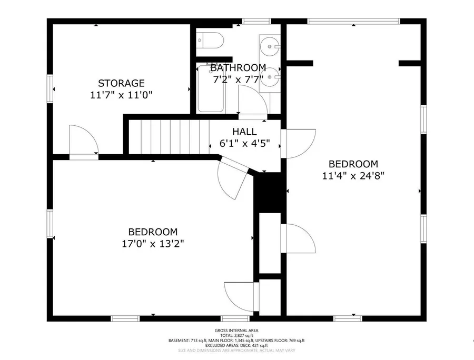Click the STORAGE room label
coord(121,83)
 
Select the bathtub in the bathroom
coord(210,88)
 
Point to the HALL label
coord(244,132)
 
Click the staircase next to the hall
coord(169,137)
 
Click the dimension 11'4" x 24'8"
coord(353,175)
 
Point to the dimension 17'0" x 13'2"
coord(153,244)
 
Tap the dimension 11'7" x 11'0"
coord(121,95)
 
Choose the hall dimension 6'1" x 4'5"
coord(244,143)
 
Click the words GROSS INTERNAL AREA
coord(236,331)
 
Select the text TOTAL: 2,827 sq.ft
coord(236,335)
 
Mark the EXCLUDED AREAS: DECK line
coord(236,345)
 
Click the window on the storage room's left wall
coord(50,89)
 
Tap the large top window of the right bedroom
coord(354,21)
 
